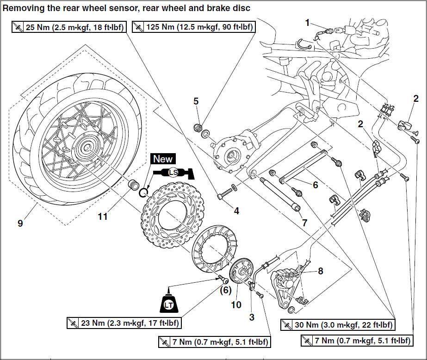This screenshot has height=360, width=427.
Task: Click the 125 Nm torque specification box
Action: pyautogui.click(x=193, y=27)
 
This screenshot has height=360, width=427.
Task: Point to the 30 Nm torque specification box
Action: pyautogui.click(x=338, y=325)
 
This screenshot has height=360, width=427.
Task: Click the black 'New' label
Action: pyautogui.click(x=162, y=159)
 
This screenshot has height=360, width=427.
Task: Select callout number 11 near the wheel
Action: pyautogui.click(x=102, y=216)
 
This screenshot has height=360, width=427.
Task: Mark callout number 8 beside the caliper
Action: pyautogui.click(x=320, y=271)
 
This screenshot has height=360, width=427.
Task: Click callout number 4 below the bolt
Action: pyautogui.click(x=236, y=211)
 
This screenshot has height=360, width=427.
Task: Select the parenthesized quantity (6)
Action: pyautogui.click(x=224, y=290)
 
